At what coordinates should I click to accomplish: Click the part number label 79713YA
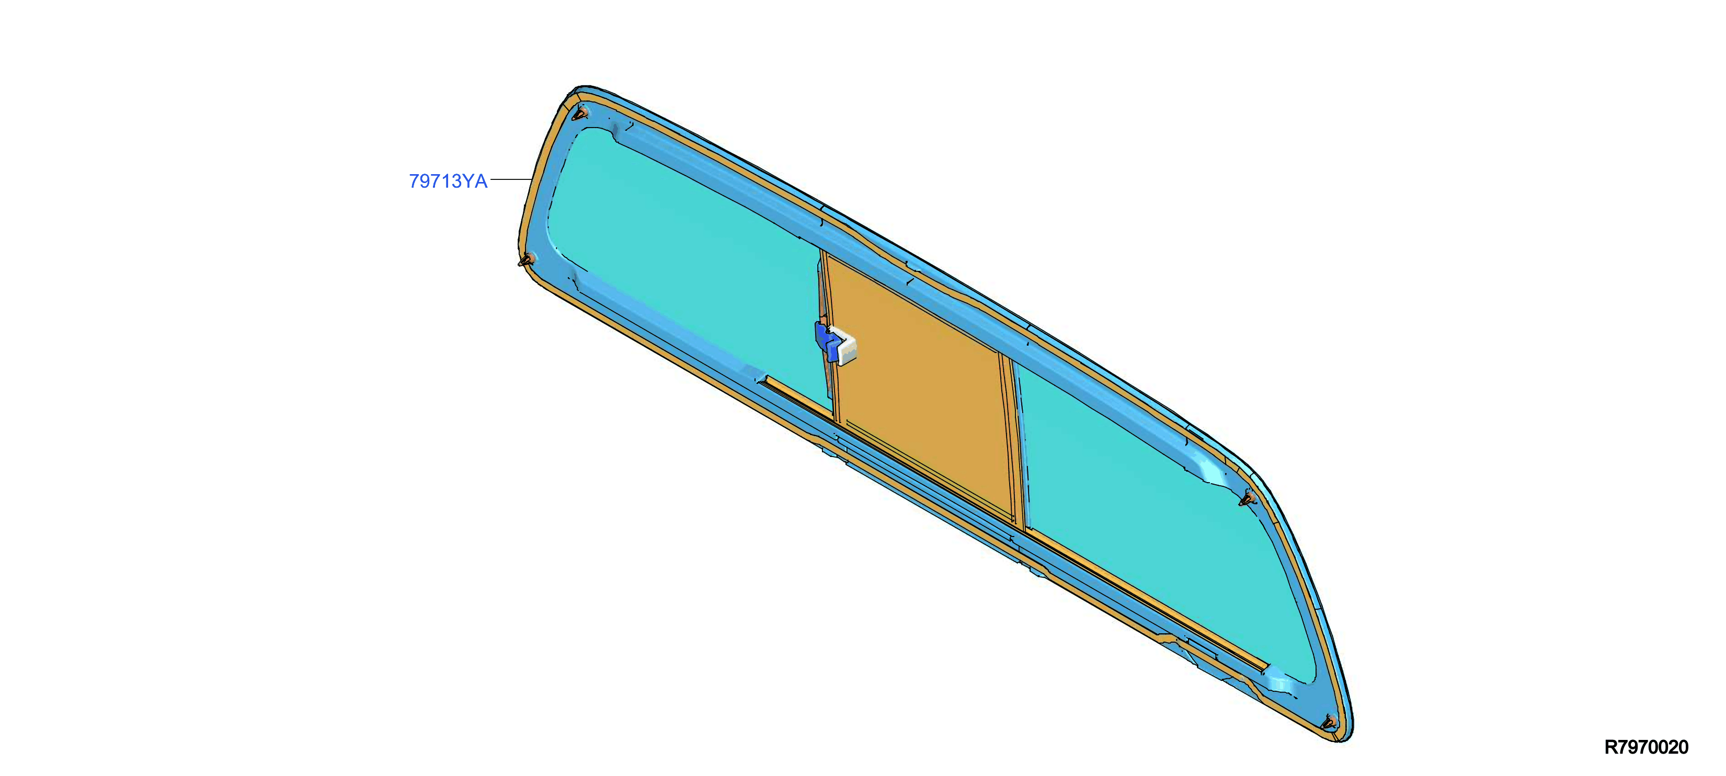(x=448, y=181)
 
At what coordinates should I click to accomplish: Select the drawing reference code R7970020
(x=1647, y=747)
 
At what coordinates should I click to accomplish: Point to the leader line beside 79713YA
(x=511, y=179)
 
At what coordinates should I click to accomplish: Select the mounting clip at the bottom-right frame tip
(x=1330, y=722)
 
